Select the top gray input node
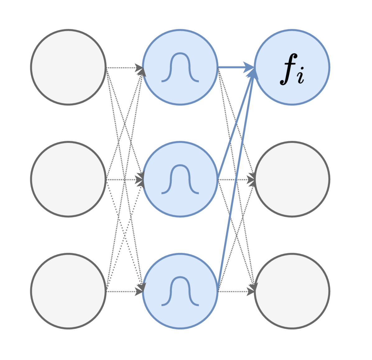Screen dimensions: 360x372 click(x=68, y=67)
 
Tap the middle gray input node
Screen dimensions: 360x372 click(x=68, y=179)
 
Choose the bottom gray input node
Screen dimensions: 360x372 click(x=68, y=291)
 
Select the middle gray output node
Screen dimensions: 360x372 click(x=292, y=179)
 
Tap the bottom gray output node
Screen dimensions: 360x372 click(x=292, y=291)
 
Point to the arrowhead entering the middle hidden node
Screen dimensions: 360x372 click(x=140, y=180)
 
